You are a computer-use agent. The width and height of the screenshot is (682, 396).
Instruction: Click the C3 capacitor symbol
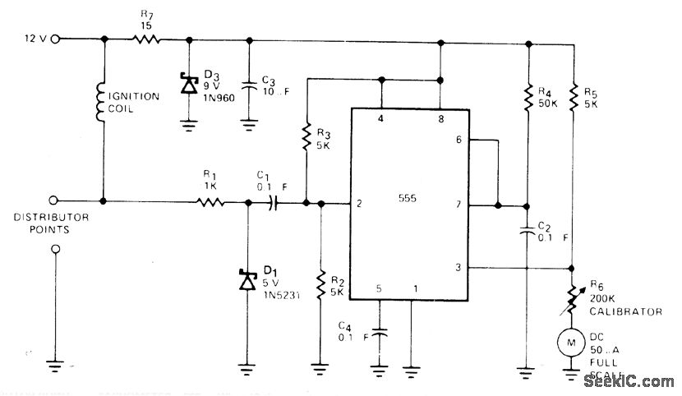[248, 84]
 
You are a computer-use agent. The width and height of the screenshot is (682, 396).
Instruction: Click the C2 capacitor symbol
[528, 233]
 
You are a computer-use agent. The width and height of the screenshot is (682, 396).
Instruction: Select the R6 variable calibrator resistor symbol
[573, 297]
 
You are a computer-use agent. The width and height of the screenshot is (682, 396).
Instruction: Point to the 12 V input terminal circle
[55, 39]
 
